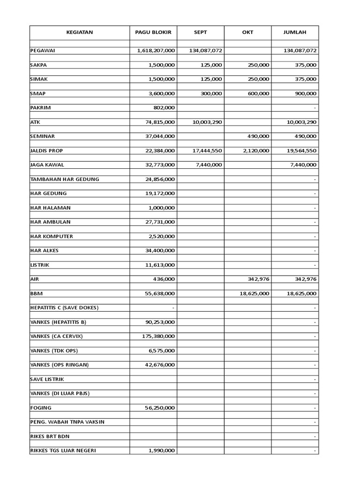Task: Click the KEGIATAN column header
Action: [x=79, y=32]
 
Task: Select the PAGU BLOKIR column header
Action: [x=153, y=32]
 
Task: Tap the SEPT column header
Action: [x=200, y=32]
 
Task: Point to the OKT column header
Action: [x=247, y=32]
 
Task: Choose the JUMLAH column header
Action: [x=295, y=32]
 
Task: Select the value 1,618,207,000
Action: [x=156, y=51]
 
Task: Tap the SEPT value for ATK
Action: [x=206, y=122]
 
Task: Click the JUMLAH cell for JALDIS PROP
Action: [x=300, y=150]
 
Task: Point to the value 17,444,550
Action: [x=206, y=150]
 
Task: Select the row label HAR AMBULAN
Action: [x=52, y=222]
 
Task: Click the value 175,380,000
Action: [x=158, y=336]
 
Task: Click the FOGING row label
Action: [x=41, y=408]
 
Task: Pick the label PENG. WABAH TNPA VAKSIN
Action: [x=67, y=422]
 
